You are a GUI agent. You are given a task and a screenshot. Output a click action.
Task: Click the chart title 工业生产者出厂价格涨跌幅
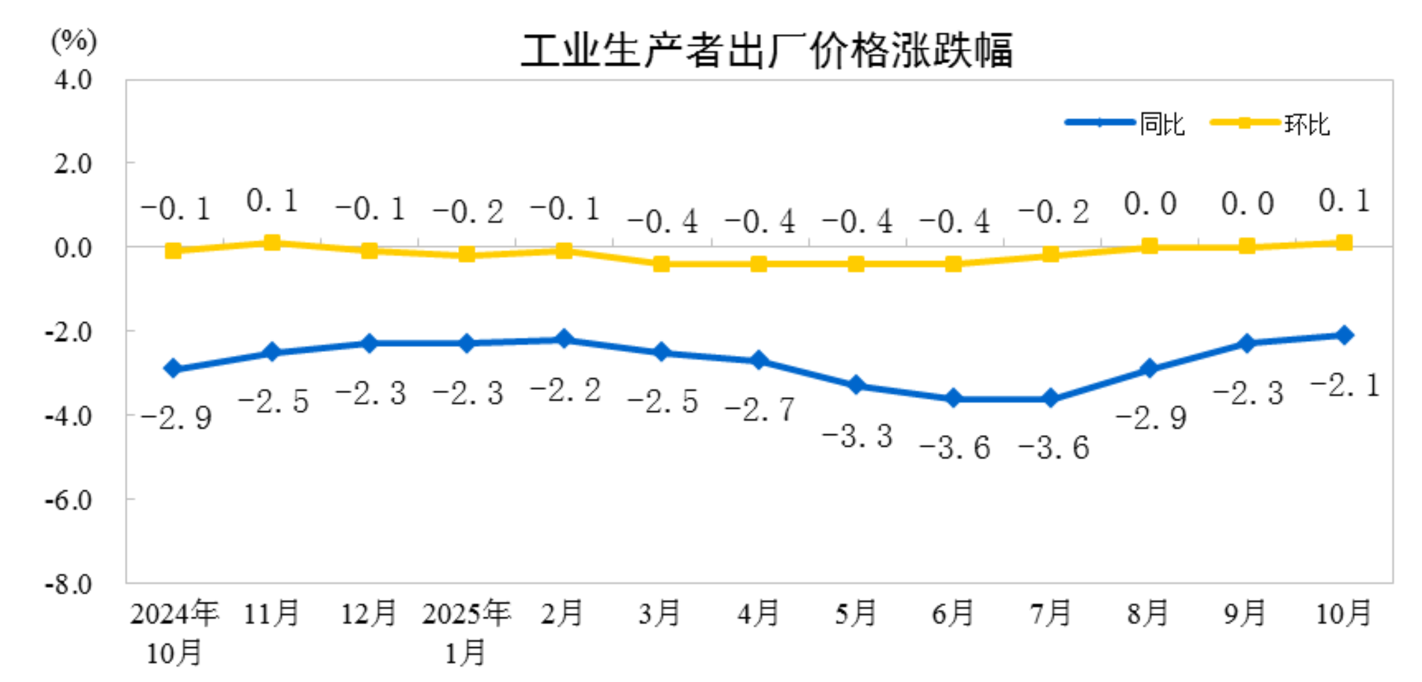coord(767,50)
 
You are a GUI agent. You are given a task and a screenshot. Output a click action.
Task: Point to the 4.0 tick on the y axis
coord(73,80)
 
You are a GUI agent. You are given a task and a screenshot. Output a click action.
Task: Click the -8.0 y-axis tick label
coord(69,584)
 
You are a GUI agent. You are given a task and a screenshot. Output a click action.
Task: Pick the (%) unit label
coord(74,41)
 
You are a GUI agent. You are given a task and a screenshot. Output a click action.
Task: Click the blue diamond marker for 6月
coord(954,398)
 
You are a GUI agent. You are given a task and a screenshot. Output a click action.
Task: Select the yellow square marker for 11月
coord(272,242)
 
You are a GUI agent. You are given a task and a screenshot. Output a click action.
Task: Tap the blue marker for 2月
coord(564,339)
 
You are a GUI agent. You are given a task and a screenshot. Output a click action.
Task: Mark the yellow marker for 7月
coord(1051,255)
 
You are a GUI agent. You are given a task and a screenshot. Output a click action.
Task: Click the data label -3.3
coord(858,436)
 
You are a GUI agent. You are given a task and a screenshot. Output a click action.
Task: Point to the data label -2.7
coord(760,409)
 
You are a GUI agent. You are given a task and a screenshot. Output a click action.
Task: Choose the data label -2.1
coord(1345,385)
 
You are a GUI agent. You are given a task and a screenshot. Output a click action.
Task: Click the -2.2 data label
coord(565,390)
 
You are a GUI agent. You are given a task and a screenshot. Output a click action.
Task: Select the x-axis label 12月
coord(369,613)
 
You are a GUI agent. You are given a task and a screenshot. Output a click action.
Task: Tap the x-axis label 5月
coord(856,613)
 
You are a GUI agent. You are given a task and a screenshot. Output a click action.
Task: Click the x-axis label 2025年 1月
coord(466,632)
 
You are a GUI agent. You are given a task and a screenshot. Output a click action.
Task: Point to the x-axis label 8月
coord(1148,613)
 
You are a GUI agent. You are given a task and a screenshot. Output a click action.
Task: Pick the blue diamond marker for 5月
coord(856,385)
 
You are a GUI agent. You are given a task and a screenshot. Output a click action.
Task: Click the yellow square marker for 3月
coord(661,264)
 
